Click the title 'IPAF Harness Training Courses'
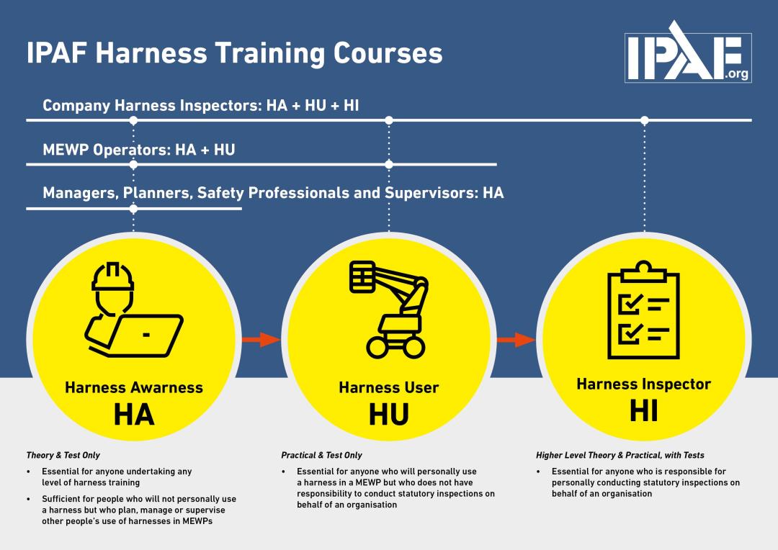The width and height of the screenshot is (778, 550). tap(234, 53)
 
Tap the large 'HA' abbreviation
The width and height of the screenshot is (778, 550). tap(134, 415)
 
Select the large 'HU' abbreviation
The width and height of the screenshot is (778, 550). tap(389, 415)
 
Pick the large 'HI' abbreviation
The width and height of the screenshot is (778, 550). tap(643, 411)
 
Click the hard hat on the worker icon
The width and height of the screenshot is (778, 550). tap(113, 277)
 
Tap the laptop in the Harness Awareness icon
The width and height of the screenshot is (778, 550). tap(148, 333)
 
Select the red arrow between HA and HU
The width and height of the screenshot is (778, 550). tap(261, 340)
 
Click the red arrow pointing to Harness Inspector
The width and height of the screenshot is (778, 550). tap(516, 340)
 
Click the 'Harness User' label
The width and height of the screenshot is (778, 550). tap(389, 388)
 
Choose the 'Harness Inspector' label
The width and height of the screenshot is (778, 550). tap(643, 384)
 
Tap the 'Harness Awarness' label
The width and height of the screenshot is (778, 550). tap(134, 388)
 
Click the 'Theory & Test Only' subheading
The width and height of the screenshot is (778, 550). tap(63, 455)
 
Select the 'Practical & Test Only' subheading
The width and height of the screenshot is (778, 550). tap(321, 455)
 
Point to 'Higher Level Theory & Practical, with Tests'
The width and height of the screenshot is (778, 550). tap(620, 455)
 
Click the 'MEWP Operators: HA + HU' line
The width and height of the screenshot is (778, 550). tap(139, 150)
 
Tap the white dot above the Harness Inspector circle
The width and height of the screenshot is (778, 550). tap(644, 120)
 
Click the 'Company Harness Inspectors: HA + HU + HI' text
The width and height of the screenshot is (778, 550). tap(201, 106)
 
